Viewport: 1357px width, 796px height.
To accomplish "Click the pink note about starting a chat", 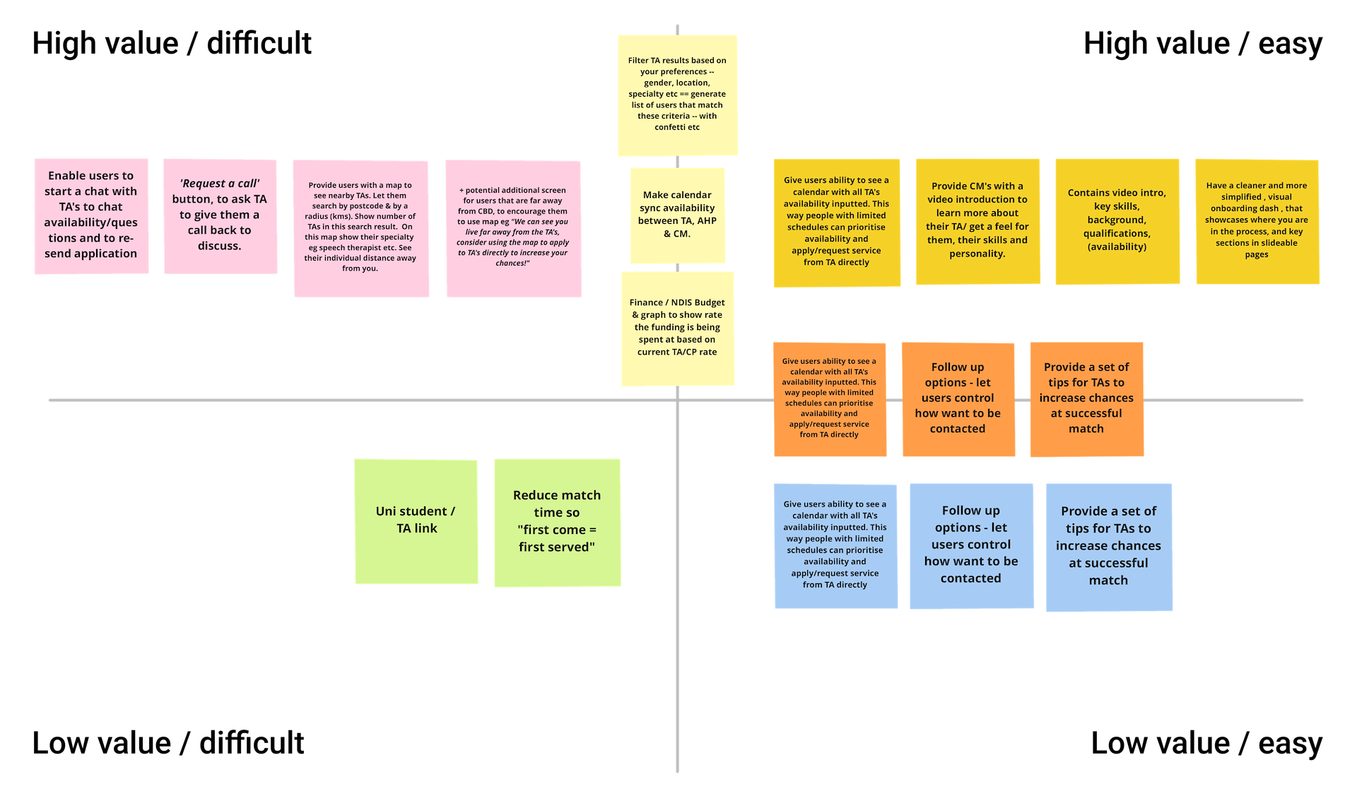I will pos(91,215).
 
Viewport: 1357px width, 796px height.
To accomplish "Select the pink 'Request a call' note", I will pos(220,215).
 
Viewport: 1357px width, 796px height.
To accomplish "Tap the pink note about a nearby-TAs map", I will pos(360,227).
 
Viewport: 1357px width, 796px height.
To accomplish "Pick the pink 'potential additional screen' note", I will pos(513,227).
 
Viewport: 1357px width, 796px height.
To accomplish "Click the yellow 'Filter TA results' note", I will pos(677,94).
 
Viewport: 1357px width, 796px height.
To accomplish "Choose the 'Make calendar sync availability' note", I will pos(677,215).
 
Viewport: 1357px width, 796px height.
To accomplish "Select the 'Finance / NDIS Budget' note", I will pos(677,328).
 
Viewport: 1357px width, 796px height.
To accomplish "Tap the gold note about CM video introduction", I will pos(977,220).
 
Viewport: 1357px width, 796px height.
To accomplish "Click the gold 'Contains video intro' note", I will pos(1117,220).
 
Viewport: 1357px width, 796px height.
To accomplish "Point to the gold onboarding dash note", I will pos(1257,220).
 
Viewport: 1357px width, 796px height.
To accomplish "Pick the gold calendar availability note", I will pos(836,222).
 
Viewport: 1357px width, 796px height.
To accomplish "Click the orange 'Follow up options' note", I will pos(958,398).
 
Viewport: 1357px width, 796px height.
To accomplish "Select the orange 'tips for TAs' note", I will pos(1086,398).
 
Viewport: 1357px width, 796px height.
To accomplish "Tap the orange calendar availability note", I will pos(829,398).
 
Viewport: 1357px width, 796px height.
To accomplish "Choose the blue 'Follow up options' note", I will pos(971,545).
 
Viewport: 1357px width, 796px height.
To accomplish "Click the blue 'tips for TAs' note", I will pos(1108,546).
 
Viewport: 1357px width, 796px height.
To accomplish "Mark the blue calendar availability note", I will pos(835,545).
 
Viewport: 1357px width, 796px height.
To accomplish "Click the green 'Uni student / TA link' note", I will pos(416,521).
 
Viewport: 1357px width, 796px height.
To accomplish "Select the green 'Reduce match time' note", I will pos(557,522).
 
